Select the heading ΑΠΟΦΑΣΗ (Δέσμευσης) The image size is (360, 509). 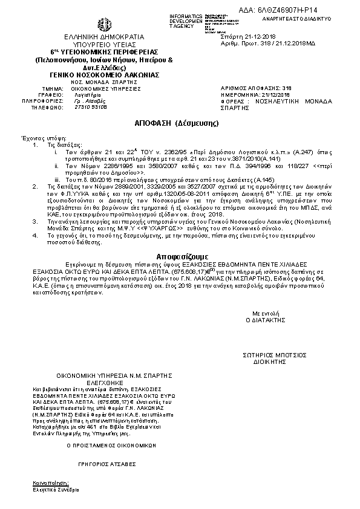pos(169,123)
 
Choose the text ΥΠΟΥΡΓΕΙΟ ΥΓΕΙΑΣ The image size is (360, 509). pos(104,45)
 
